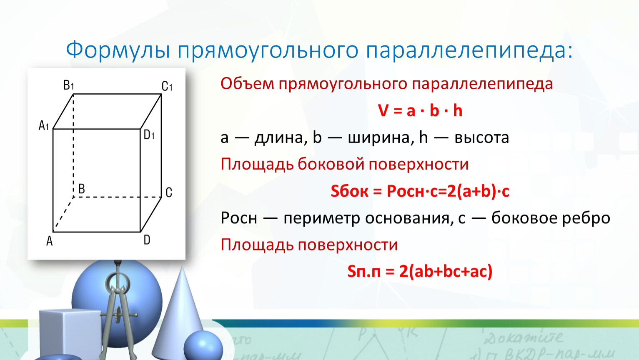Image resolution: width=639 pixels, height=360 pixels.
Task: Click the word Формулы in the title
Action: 118,50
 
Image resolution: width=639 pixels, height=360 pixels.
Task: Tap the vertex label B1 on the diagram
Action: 69,85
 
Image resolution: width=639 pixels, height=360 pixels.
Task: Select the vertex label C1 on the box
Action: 167,86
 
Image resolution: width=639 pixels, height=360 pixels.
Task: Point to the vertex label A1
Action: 44,125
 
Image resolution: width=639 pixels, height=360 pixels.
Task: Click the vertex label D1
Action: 149,134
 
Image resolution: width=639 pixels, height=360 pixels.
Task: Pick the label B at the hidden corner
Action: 82,189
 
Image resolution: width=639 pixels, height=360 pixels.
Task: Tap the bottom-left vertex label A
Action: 49,241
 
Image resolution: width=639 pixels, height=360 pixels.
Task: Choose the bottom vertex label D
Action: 147,240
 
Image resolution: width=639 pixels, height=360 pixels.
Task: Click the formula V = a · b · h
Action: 420,110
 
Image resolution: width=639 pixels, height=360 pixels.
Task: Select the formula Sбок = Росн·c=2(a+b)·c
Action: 420,191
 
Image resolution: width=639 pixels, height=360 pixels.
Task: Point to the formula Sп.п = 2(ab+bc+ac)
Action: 420,271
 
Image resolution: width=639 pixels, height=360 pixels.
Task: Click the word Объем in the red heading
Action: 247,84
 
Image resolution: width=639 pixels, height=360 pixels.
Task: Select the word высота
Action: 482,137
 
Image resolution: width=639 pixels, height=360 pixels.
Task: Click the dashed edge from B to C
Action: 117,197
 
